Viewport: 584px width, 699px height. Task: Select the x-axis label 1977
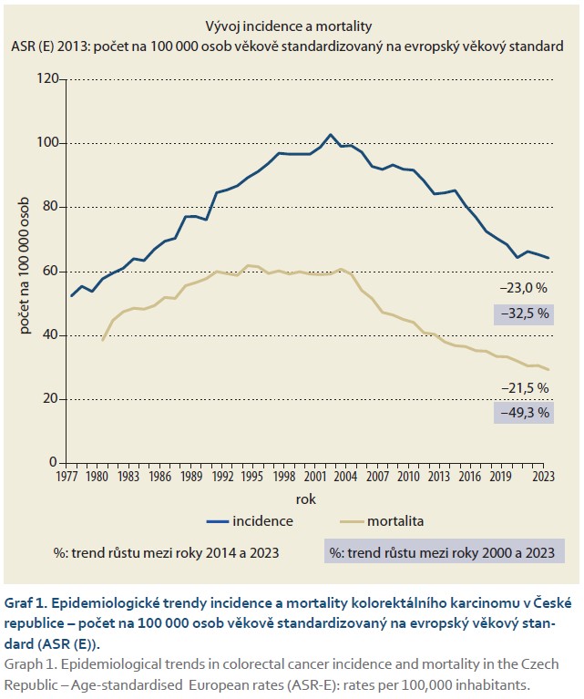pyautogui.click(x=67, y=475)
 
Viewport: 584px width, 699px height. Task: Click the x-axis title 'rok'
pyautogui.click(x=305, y=499)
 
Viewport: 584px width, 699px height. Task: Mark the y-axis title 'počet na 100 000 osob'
pyautogui.click(x=22, y=272)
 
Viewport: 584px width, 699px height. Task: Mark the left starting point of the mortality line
pyautogui.click(x=103, y=340)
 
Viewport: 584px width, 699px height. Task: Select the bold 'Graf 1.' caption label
pyautogui.click(x=28, y=602)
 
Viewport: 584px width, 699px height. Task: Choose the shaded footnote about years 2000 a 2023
pyautogui.click(x=445, y=552)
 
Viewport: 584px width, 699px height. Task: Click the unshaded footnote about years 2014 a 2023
pyautogui.click(x=167, y=552)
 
